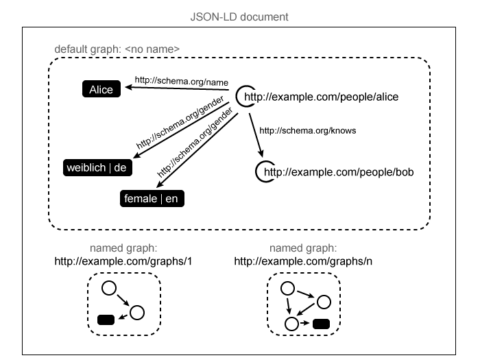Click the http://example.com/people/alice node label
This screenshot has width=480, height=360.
pyautogui.click(x=321, y=97)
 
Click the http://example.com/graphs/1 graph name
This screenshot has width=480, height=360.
pyautogui.click(x=123, y=261)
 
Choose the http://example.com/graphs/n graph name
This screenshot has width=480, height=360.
pyautogui.click(x=302, y=261)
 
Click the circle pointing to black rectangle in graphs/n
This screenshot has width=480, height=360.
pyautogui.click(x=292, y=323)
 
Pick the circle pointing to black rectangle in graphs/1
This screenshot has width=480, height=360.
pyautogui.click(x=136, y=313)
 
